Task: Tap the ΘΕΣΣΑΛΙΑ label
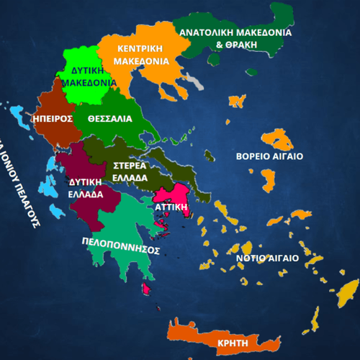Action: pos(109,120)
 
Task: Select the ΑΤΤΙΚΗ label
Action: pos(172,206)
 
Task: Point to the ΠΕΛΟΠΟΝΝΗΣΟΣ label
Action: pos(120,245)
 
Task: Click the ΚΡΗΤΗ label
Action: pos(233,343)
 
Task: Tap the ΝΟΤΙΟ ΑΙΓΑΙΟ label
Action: pos(264,258)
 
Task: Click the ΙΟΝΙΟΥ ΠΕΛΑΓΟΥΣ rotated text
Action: pos(19,184)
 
